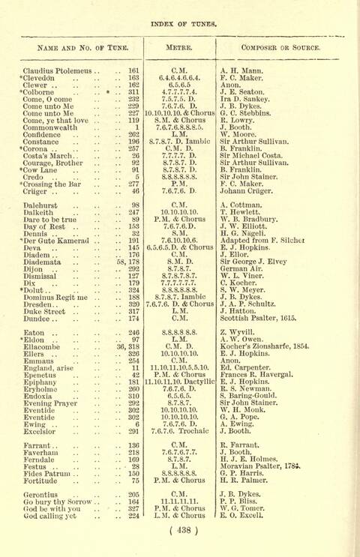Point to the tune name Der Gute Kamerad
pyautogui.click(x=58, y=240)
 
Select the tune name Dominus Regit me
pyautogui.click(x=57, y=297)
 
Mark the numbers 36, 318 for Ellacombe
pyautogui.click(x=127, y=347)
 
